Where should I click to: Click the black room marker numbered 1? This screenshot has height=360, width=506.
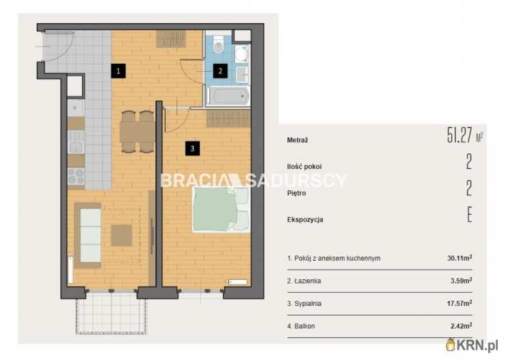tap(118, 71)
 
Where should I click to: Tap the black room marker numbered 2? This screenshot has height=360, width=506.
tap(220, 71)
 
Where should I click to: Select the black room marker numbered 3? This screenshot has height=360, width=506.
tap(192, 149)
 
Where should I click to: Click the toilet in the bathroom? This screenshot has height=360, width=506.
tap(219, 44)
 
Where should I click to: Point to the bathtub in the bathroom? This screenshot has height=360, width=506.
tap(228, 96)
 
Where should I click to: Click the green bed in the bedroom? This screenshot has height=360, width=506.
tap(222, 209)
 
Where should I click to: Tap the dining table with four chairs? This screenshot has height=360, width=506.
tap(137, 131)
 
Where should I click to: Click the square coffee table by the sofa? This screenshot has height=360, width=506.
tap(122, 235)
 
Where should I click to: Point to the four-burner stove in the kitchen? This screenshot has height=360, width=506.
tap(76, 177)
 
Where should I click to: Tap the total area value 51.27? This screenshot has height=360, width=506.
tap(460, 136)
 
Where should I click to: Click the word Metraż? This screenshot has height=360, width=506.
tap(297, 140)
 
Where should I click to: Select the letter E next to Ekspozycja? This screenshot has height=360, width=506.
tap(470, 214)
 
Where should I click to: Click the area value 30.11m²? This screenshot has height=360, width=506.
tap(460, 258)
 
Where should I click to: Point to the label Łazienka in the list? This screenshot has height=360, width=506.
tap(308, 281)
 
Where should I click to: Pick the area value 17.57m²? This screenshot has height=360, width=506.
tap(460, 303)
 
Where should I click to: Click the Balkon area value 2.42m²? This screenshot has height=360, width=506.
tap(461, 326)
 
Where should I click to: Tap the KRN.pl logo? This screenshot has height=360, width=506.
tap(472, 345)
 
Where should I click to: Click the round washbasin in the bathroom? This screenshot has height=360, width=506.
tap(241, 54)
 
